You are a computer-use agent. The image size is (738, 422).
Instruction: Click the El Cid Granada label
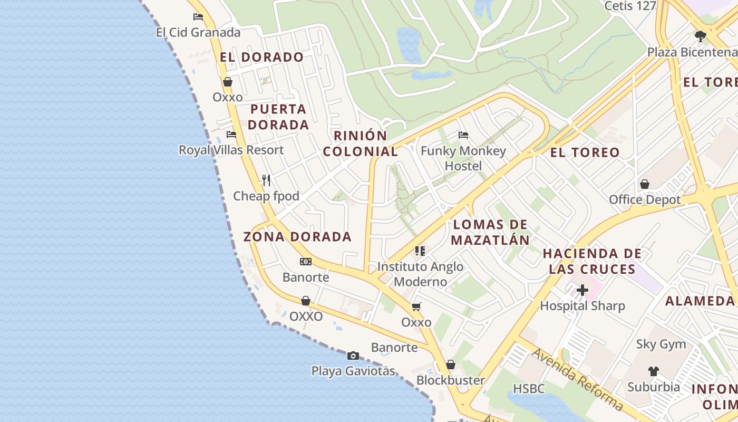click(x=198, y=33)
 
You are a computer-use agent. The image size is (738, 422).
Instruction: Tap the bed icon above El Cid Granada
click(x=198, y=17)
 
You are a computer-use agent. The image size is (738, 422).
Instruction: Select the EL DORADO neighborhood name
click(x=262, y=57)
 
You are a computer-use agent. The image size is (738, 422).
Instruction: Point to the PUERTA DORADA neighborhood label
click(x=278, y=117)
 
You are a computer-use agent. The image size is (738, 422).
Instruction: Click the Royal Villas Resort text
click(x=231, y=150)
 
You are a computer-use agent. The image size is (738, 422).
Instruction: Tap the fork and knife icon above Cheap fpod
click(x=266, y=180)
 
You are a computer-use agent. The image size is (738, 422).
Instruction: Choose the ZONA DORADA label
click(x=297, y=236)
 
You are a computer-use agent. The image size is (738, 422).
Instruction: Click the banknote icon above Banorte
click(x=306, y=262)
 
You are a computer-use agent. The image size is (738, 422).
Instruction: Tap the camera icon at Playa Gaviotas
click(x=353, y=356)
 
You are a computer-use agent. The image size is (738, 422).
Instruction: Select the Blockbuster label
click(x=451, y=380)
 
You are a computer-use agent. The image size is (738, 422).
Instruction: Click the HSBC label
click(x=529, y=389)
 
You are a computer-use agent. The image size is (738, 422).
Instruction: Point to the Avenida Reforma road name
click(x=577, y=379)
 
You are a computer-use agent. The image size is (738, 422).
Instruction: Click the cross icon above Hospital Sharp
click(x=582, y=290)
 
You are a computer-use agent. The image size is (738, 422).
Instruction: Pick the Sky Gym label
click(x=661, y=344)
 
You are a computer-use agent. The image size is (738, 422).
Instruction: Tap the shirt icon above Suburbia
click(x=654, y=371)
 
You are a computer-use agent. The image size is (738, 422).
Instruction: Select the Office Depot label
click(x=645, y=200)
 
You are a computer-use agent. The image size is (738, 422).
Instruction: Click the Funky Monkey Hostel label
click(x=463, y=158)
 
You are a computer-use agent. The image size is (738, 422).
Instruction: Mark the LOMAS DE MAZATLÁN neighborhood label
click(x=490, y=232)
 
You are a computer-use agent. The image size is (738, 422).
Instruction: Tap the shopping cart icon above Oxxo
click(x=416, y=306)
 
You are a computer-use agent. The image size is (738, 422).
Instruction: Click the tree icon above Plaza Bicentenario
click(x=700, y=36)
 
